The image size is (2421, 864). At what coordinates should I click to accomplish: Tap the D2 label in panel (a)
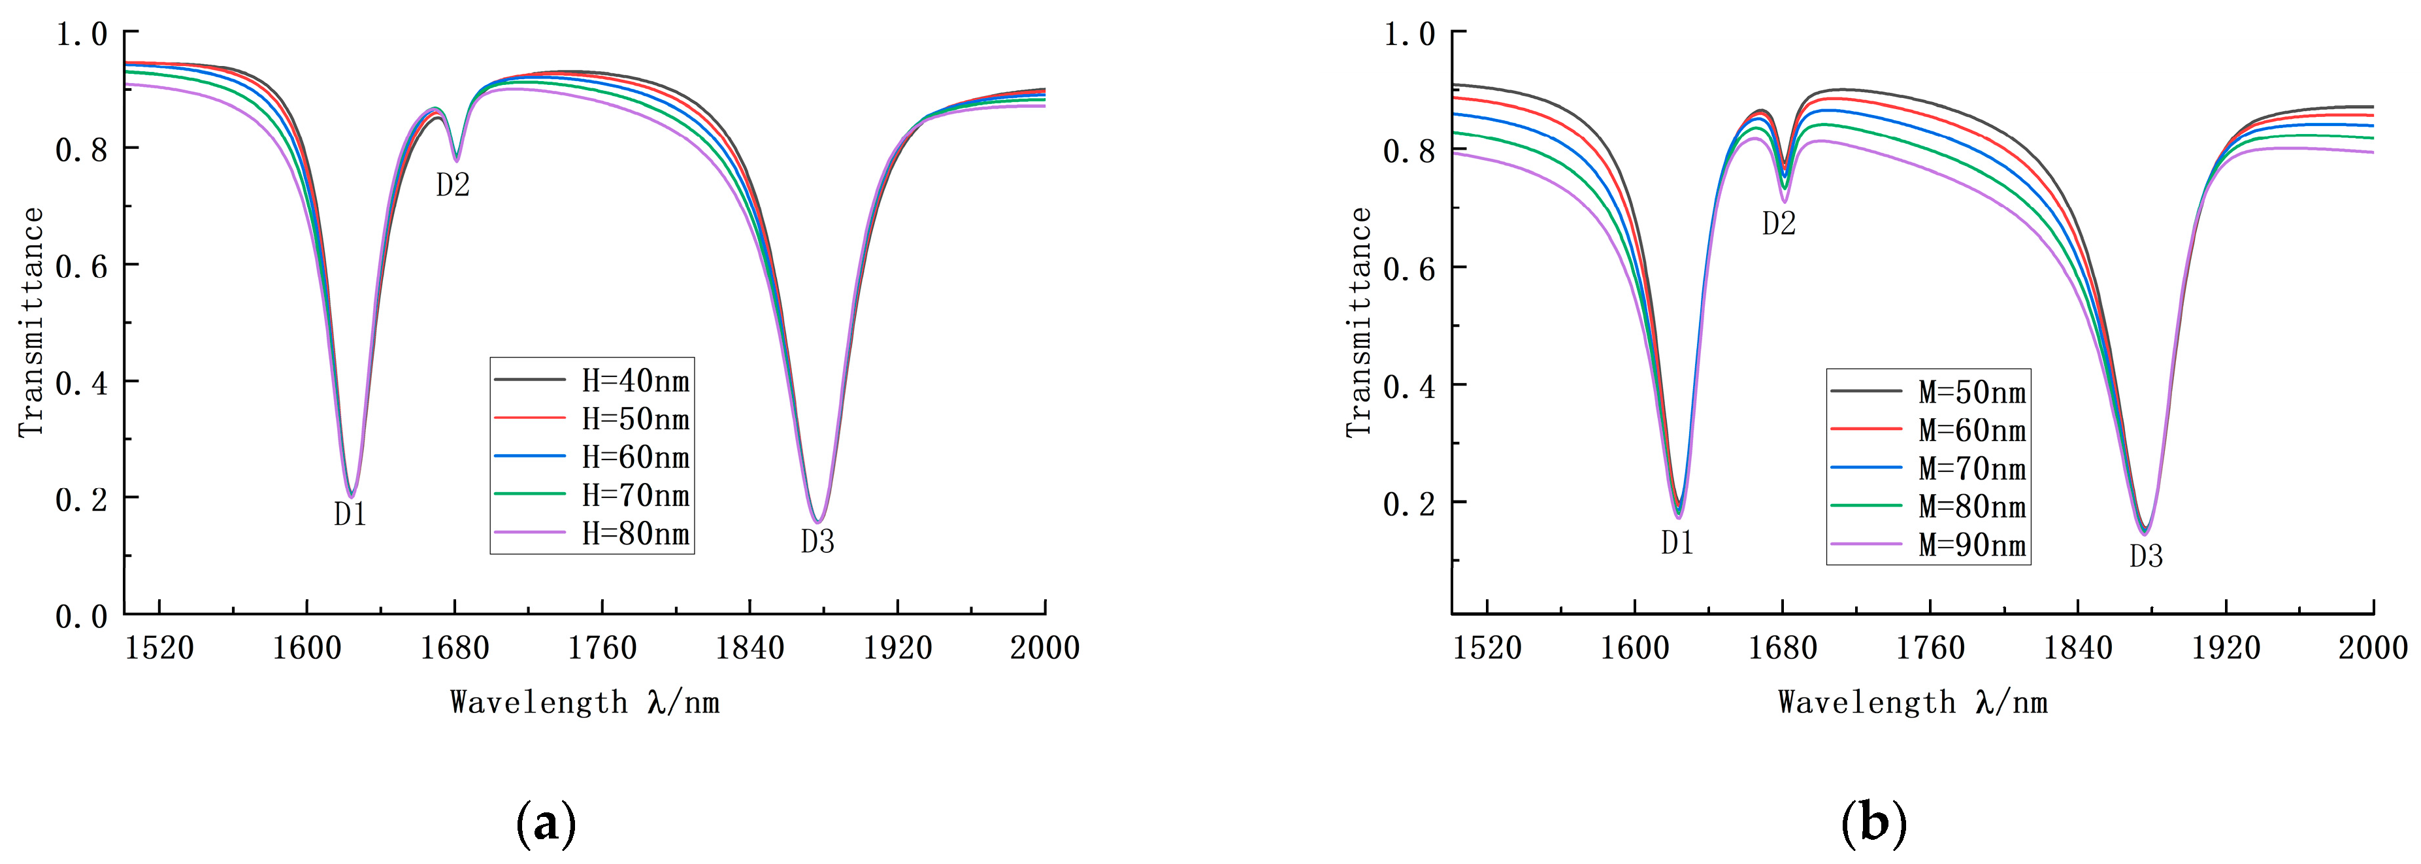tap(452, 185)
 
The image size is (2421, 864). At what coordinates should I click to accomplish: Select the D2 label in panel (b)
tap(1778, 224)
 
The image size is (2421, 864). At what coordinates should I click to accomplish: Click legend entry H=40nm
tap(634, 381)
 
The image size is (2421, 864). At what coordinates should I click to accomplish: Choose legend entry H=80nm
tap(634, 534)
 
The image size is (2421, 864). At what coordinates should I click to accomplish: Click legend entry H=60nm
tap(634, 457)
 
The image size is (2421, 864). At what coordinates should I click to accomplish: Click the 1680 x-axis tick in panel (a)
tap(455, 648)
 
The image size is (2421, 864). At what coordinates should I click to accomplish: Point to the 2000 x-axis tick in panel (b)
tap(2372, 648)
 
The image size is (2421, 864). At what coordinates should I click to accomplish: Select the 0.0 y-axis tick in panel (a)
tap(81, 617)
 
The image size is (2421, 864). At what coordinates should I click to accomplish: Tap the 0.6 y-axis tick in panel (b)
tap(1409, 269)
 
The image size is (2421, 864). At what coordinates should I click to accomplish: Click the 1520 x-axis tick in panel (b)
tap(1487, 648)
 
